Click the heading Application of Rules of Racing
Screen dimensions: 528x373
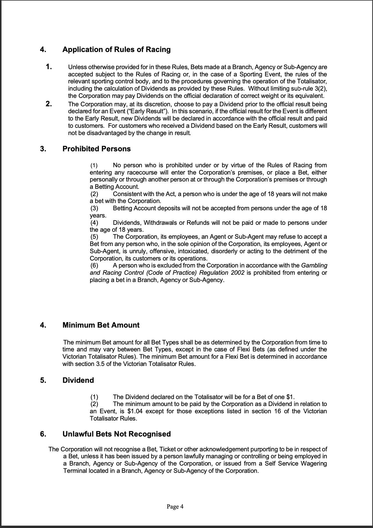(116, 50)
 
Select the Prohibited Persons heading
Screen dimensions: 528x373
(97, 149)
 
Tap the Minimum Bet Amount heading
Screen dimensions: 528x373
(101, 325)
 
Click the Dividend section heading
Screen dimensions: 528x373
(78, 380)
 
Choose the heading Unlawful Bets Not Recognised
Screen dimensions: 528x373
(117, 434)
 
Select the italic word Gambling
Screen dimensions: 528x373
(314, 265)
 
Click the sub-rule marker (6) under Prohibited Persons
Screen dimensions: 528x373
(94, 265)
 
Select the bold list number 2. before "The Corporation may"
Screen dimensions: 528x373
(49, 104)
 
